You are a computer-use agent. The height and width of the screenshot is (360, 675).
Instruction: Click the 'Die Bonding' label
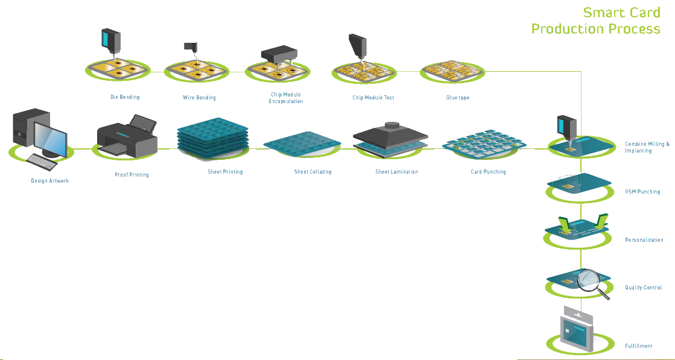coord(125,97)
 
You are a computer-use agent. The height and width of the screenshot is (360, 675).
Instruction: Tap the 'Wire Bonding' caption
coord(199,97)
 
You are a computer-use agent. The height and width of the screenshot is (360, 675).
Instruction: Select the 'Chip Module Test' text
coord(373,97)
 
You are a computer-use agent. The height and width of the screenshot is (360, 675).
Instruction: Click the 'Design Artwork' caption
coord(50,180)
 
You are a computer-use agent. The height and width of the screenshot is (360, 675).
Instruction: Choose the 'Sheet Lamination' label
coord(396,172)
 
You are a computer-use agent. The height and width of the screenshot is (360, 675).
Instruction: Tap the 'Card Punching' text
coord(488,172)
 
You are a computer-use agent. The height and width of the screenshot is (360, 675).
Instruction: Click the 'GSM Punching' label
coord(642,192)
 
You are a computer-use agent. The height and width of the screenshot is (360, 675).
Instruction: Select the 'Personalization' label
coord(644,240)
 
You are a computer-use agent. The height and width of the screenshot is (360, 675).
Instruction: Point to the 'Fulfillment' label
coord(638,346)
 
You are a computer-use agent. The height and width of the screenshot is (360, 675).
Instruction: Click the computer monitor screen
coord(49,137)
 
